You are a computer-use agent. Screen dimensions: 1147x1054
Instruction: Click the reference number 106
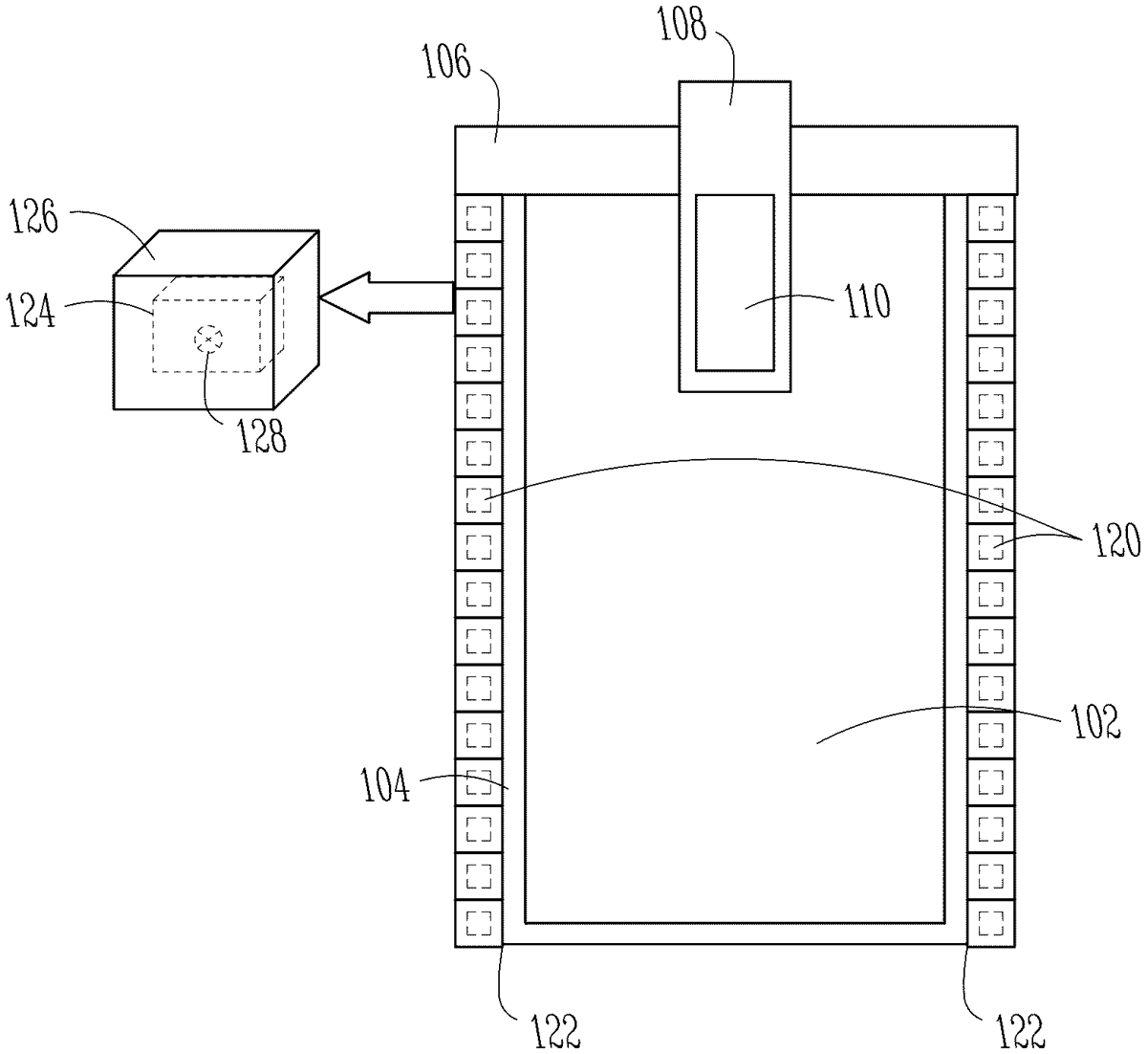(x=446, y=61)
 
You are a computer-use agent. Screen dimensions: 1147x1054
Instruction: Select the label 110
(x=868, y=301)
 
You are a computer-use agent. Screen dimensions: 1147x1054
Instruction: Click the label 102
(x=1097, y=721)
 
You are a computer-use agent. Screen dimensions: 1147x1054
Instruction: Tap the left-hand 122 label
(x=555, y=1031)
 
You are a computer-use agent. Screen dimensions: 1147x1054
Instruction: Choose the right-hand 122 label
(x=1021, y=1031)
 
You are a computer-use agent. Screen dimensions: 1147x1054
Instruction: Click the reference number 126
(x=34, y=217)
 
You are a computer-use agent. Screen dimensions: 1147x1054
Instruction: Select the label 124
(x=32, y=311)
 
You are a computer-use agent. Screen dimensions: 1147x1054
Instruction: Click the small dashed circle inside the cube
(x=208, y=340)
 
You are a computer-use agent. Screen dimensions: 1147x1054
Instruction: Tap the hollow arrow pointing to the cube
(x=387, y=297)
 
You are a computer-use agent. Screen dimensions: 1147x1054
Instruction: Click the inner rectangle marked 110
(x=735, y=283)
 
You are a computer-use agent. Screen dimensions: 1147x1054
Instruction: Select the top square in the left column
(x=479, y=218)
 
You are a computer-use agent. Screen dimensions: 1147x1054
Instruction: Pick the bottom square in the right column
(x=991, y=923)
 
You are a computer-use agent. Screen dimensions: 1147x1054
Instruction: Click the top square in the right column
(x=991, y=218)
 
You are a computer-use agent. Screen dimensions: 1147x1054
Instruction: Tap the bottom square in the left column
(x=479, y=923)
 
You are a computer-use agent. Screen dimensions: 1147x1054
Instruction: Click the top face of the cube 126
(x=216, y=253)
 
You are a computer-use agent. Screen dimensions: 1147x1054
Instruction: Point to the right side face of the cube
(x=296, y=319)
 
